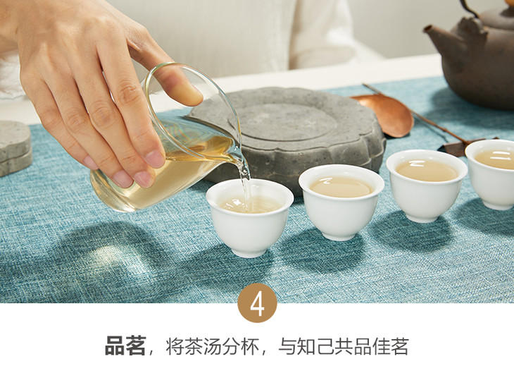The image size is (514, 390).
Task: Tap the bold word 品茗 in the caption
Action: (125, 346)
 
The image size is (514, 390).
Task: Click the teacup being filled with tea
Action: (250, 217)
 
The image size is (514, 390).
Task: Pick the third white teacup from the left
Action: (427, 185)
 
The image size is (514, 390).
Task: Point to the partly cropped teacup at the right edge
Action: (490, 174)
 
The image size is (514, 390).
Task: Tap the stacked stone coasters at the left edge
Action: (15, 147)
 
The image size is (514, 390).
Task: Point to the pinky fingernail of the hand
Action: (90, 162)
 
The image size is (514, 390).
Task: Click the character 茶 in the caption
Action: (194, 346)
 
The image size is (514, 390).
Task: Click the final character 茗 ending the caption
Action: (399, 346)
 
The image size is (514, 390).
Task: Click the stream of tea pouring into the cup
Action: (246, 190)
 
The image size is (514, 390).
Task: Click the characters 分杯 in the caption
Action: (240, 346)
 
